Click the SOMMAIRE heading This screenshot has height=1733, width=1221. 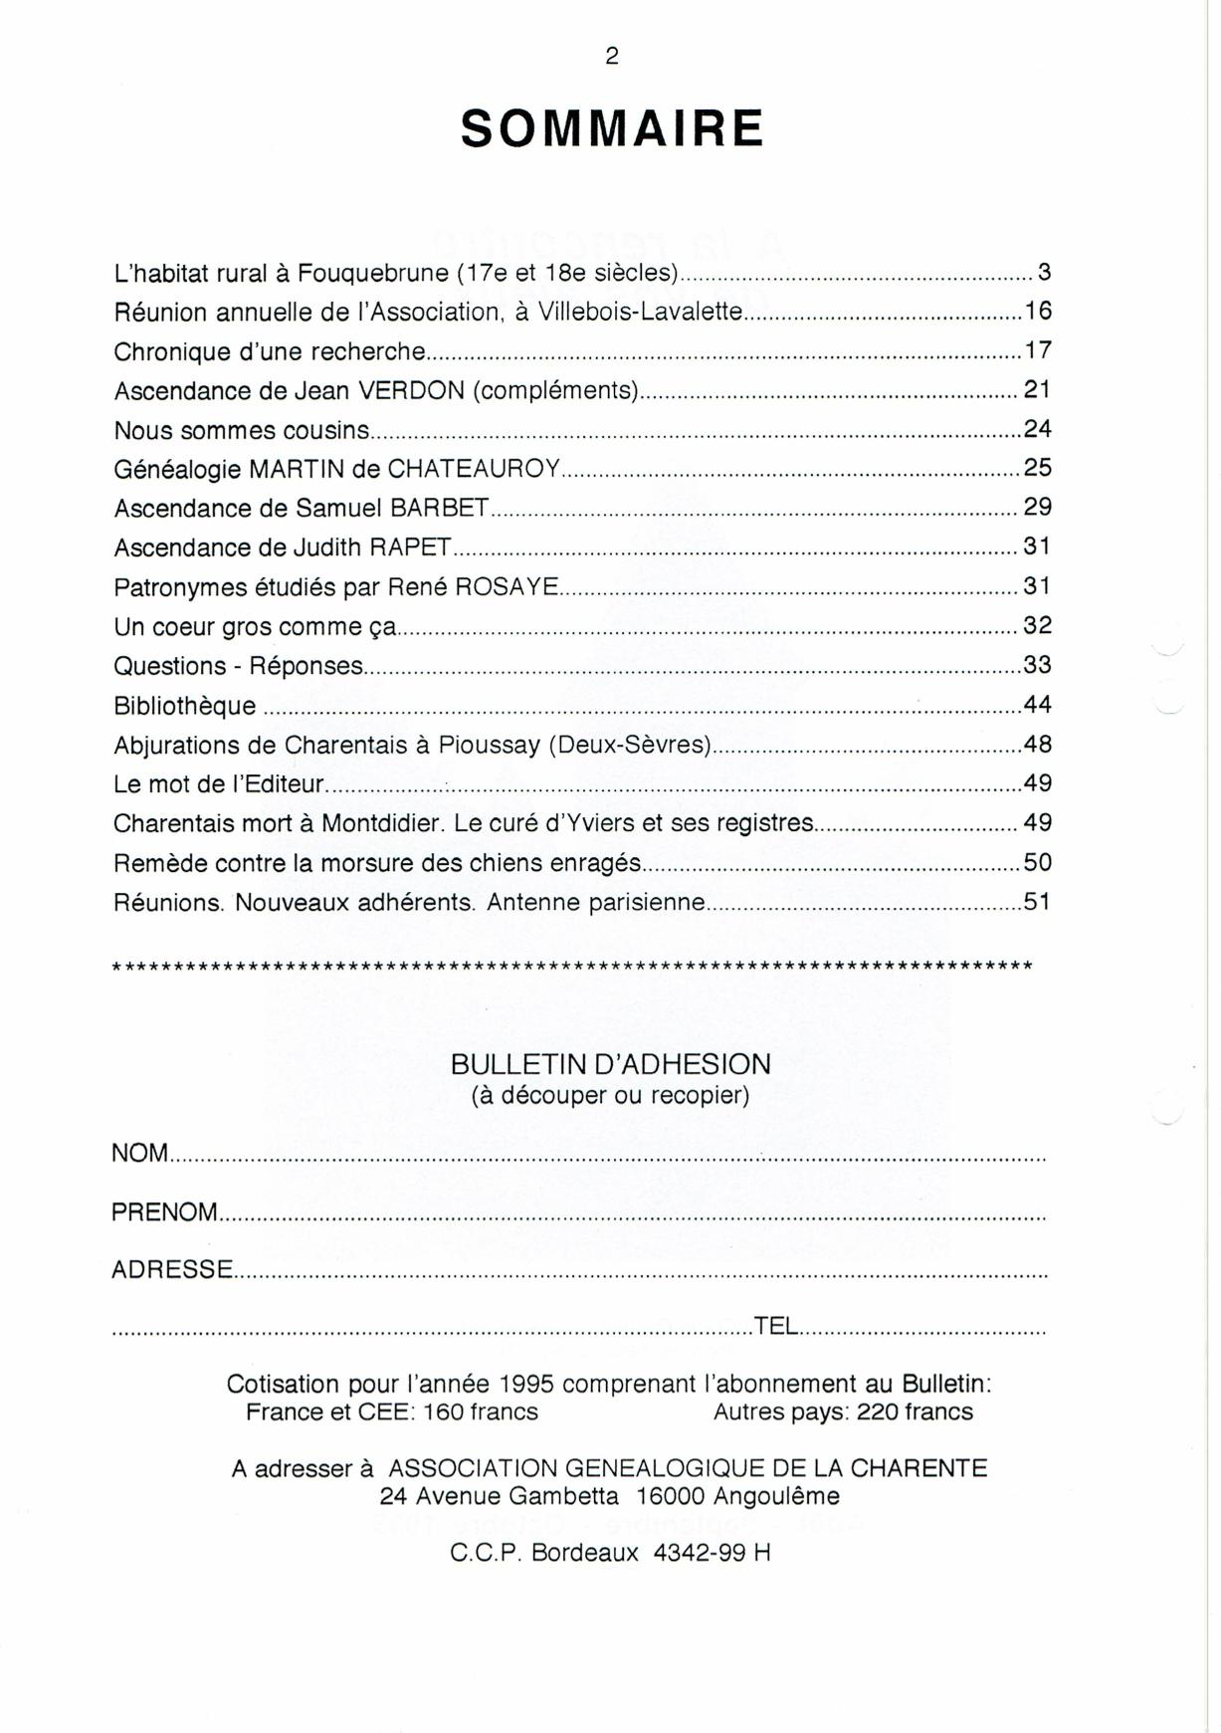[612, 129]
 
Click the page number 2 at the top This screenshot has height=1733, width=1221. [611, 57]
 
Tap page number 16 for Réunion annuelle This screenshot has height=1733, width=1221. [1038, 312]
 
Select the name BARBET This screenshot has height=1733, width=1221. [439, 509]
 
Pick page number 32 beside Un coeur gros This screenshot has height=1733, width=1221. [1037, 626]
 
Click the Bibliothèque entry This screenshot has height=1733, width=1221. [184, 706]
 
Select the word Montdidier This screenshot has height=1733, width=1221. [381, 824]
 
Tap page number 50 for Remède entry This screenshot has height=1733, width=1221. [1037, 863]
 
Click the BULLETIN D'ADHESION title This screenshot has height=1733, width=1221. [610, 1064]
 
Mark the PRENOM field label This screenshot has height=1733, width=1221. [164, 1212]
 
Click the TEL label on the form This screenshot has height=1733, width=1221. [776, 1326]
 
